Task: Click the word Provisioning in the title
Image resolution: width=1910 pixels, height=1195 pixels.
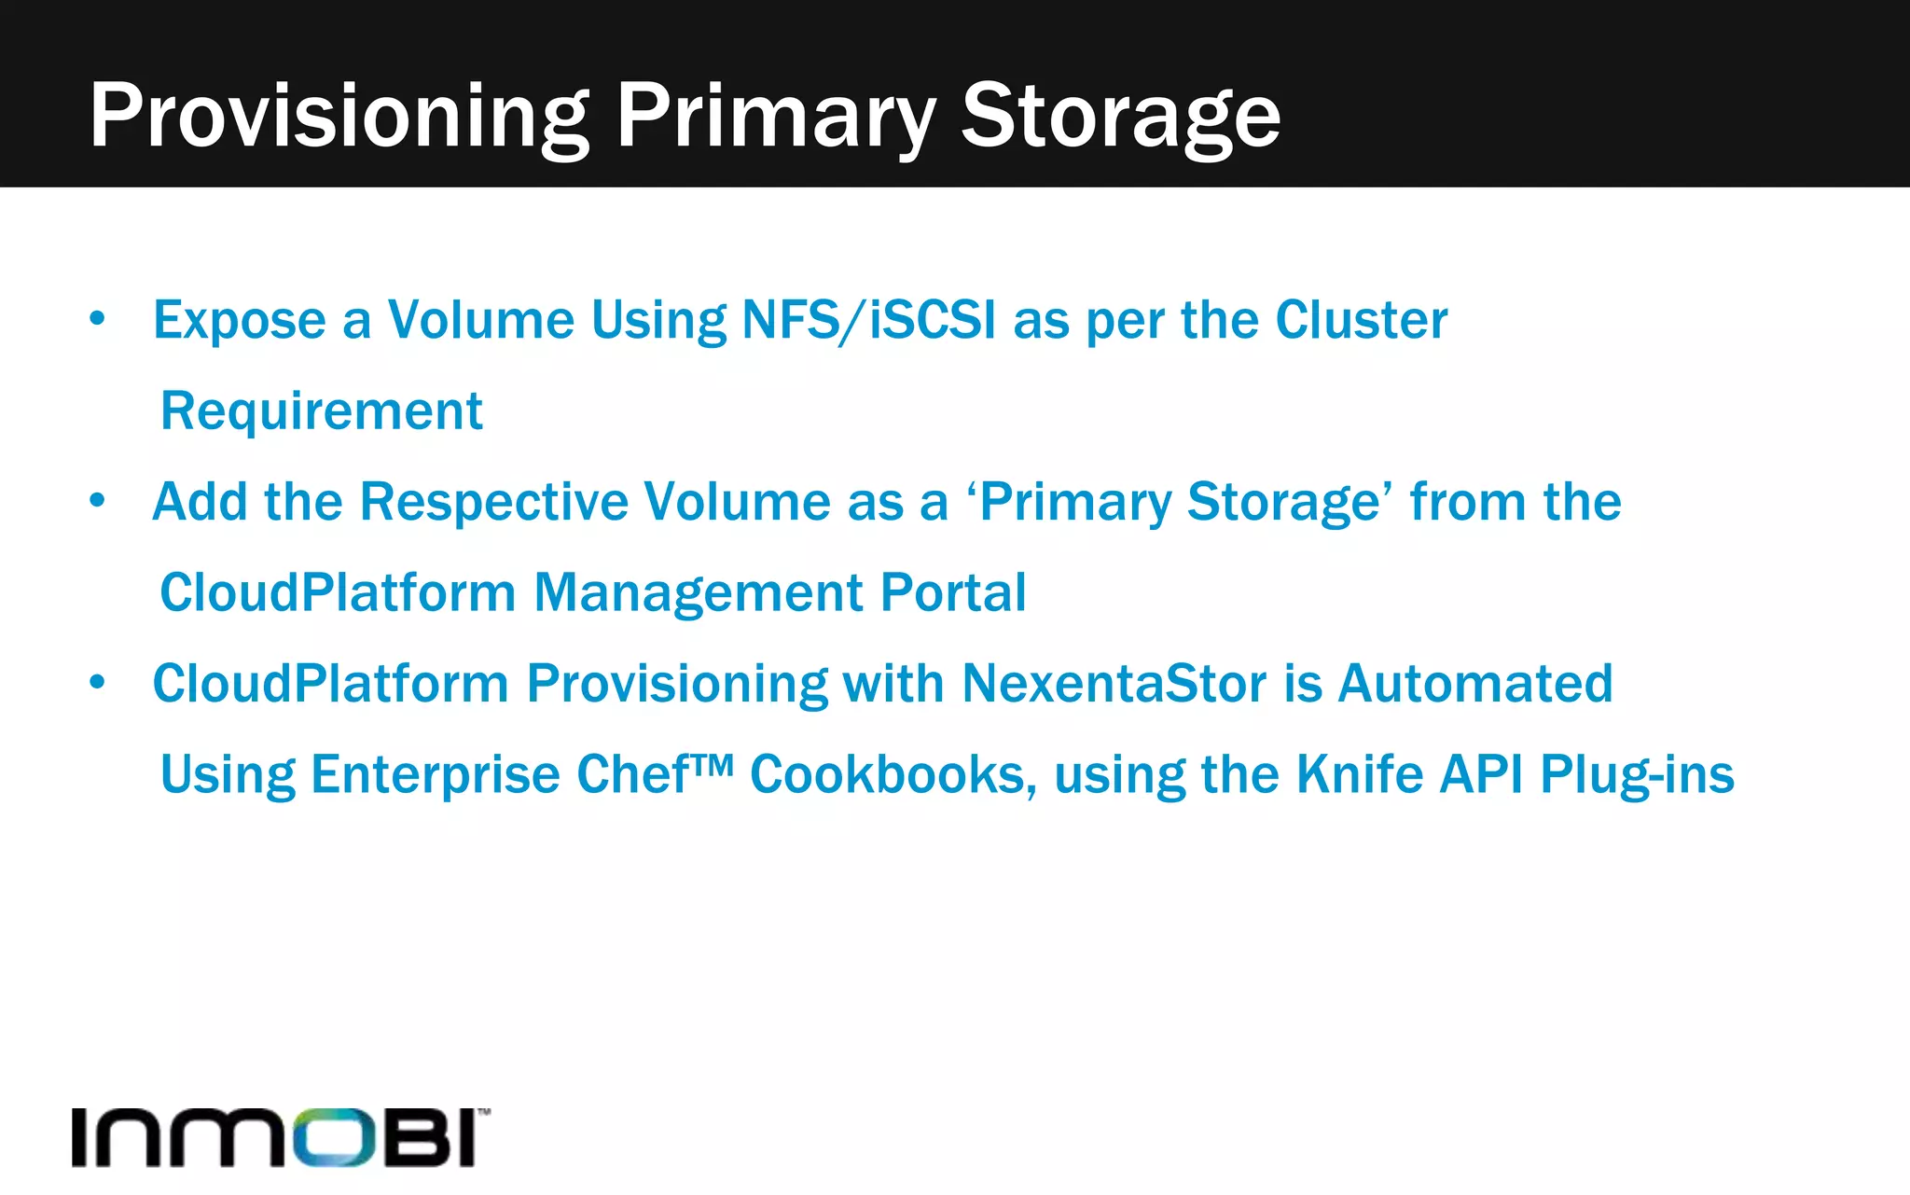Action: (x=339, y=116)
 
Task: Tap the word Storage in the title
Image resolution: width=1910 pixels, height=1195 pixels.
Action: (x=1120, y=116)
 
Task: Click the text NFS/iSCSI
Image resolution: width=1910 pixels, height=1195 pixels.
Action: (x=868, y=320)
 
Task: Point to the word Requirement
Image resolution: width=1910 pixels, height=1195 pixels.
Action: (x=322, y=410)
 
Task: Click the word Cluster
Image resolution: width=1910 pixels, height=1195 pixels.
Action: (x=1361, y=320)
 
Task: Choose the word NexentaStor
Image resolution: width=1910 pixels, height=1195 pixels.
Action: (x=1114, y=683)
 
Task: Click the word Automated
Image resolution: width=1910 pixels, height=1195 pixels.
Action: (x=1475, y=683)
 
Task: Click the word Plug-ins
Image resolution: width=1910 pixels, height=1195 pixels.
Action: (x=1637, y=774)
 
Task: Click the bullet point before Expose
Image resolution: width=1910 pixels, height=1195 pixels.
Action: (x=98, y=319)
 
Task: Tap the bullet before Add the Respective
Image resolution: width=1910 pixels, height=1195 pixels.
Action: (x=98, y=501)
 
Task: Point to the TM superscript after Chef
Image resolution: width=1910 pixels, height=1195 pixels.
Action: (x=713, y=764)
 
